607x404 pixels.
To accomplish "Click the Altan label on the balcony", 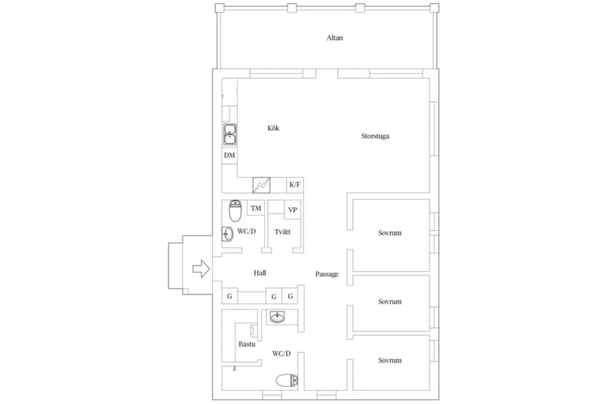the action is (334, 38).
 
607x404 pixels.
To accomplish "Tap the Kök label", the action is (273, 128).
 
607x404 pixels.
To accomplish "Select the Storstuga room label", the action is (375, 136).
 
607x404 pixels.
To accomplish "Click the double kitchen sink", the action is (229, 134).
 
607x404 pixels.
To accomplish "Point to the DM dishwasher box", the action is (229, 155).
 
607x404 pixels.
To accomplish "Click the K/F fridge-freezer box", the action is (295, 185).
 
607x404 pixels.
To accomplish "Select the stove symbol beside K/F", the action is (261, 185).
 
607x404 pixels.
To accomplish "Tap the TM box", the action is (256, 208).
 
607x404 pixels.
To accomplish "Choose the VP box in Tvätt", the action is (293, 210).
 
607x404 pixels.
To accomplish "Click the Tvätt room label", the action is (282, 232).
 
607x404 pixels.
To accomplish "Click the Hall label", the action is (260, 273).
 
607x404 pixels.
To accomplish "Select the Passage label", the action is (327, 274).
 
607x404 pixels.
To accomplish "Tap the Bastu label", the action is (246, 344).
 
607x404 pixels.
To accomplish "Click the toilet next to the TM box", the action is (235, 211).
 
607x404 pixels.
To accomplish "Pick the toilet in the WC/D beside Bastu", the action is (287, 380).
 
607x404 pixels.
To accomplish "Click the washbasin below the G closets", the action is (277, 318).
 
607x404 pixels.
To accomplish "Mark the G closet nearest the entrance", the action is (229, 296).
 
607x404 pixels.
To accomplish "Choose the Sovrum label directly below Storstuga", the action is (390, 233).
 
